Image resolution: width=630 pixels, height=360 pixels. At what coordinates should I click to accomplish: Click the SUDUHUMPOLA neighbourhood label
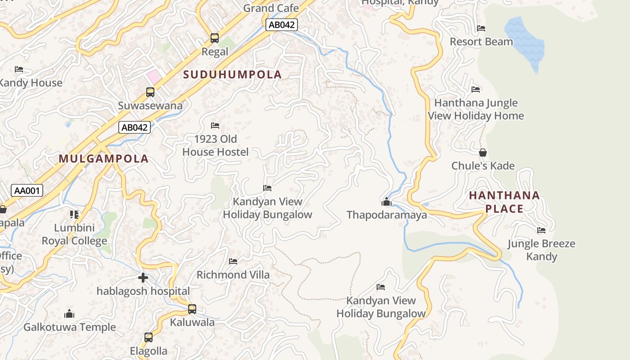(x=233, y=75)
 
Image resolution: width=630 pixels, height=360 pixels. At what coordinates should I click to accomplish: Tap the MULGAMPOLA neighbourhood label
(x=103, y=159)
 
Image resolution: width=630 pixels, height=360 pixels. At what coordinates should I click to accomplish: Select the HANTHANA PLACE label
(x=504, y=202)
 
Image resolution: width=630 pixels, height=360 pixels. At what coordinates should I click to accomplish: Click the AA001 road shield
(x=27, y=191)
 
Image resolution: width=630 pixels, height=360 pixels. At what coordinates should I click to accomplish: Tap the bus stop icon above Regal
(x=215, y=38)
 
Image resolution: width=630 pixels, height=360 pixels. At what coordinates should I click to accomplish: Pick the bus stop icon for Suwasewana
(x=150, y=92)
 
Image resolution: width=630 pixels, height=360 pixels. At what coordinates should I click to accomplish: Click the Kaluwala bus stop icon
(x=192, y=309)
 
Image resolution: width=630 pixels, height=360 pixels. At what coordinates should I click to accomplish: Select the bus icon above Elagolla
(x=148, y=337)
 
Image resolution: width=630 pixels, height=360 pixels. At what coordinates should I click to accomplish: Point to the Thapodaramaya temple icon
(x=386, y=202)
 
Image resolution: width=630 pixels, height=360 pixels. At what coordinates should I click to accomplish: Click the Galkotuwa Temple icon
(x=69, y=314)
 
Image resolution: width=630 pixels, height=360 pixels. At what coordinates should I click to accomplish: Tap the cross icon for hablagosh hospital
(x=143, y=278)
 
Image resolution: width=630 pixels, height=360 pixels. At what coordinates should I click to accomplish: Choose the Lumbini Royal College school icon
(x=74, y=214)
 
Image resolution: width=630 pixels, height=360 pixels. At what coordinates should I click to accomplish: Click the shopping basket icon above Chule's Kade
(x=483, y=153)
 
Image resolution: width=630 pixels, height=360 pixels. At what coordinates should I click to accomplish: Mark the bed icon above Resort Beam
(x=481, y=28)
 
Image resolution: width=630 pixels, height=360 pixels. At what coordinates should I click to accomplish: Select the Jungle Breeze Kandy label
(x=541, y=250)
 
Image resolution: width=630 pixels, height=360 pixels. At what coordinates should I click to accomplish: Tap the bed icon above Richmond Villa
(x=233, y=261)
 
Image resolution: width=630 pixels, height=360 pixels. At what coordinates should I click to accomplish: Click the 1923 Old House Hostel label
(x=215, y=145)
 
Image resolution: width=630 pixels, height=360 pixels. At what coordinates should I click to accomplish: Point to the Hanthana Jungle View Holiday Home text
(x=476, y=109)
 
